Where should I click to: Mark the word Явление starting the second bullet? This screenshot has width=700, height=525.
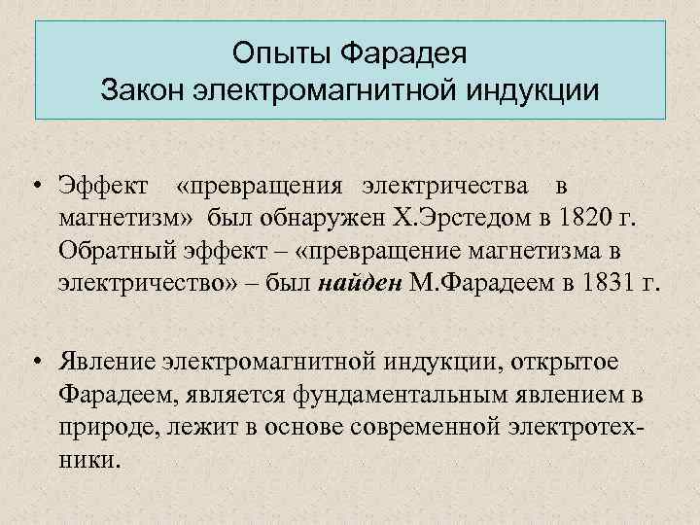[109, 362]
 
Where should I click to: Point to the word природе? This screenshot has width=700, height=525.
[103, 428]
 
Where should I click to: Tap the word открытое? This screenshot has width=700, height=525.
[566, 362]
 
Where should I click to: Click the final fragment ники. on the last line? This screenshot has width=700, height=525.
[90, 461]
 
